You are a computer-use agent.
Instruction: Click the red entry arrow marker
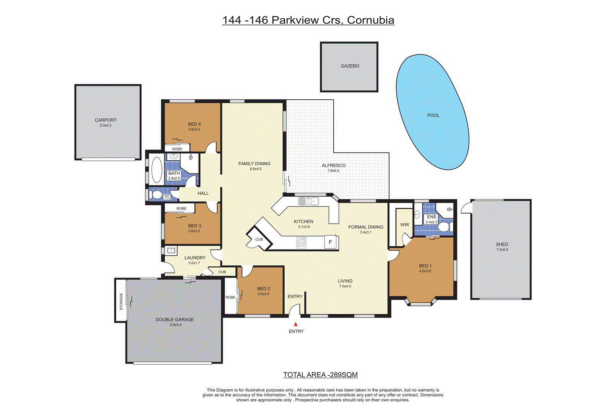295,324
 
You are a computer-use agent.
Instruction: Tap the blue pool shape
432,113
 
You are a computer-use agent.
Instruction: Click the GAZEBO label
350,66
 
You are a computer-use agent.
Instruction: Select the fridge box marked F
331,242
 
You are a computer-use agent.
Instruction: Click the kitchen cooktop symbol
302,242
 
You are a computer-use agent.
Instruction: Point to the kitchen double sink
308,200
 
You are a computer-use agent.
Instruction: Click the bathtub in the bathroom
157,170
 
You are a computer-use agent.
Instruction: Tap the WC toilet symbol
156,194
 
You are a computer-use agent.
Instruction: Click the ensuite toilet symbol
444,227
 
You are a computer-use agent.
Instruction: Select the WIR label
404,225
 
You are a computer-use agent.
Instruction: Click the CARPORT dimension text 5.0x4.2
106,125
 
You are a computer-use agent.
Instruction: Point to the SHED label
502,244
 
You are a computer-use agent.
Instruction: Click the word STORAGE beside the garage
121,302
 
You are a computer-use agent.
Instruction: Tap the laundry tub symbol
171,251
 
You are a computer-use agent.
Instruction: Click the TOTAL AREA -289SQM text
320,375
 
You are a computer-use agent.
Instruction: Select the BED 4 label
194,124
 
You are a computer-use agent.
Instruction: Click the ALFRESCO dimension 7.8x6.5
333,171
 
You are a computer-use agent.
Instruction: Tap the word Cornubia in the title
370,20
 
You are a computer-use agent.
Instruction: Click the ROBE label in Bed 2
230,297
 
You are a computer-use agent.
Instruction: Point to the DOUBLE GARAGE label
174,319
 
